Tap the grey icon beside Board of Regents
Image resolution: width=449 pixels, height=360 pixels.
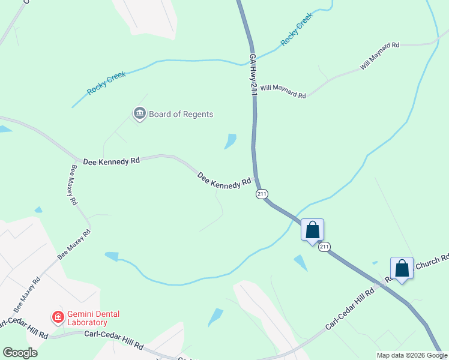point(140,113)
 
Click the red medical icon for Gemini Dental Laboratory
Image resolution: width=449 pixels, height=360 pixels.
point(58,316)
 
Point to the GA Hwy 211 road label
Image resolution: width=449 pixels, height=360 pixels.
point(253,73)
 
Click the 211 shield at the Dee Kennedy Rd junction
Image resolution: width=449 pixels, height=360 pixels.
point(261,193)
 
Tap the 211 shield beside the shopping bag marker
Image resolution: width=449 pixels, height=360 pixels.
point(324,247)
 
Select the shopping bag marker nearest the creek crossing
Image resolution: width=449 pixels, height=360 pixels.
point(312,230)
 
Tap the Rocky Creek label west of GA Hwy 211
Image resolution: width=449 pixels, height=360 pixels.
point(106,83)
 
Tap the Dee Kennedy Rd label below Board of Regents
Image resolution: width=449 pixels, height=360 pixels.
point(111,161)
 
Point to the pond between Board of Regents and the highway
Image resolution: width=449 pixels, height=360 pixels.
point(230,141)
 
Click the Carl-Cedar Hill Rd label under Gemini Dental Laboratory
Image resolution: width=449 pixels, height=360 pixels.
point(113,340)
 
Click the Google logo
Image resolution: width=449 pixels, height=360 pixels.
point(19,353)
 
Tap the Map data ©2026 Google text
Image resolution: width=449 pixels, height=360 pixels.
point(411,355)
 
